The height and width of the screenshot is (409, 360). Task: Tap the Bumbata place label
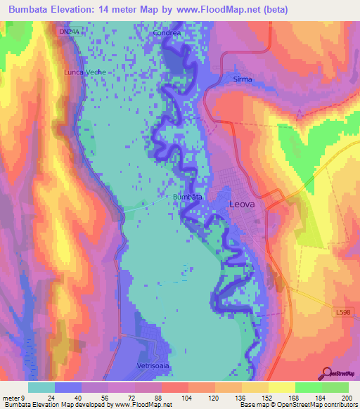[188, 197]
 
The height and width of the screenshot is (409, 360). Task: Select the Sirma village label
[242, 80]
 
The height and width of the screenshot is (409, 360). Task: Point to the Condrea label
[168, 32]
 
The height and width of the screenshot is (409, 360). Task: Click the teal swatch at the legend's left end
[41, 387]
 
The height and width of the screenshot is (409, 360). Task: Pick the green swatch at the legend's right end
[336, 387]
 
